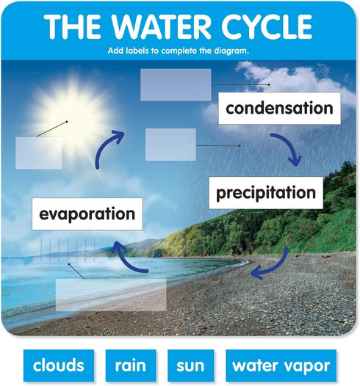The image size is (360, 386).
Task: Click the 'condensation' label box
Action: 279,109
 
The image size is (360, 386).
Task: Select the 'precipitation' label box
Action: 266,193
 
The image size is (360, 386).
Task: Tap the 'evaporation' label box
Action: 87,214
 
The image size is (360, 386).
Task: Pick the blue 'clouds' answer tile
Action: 59,365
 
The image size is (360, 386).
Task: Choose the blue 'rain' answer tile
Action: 131,365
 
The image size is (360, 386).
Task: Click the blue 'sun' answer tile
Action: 191,365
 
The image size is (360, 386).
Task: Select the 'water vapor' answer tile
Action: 281,365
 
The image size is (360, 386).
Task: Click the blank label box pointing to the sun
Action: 39,153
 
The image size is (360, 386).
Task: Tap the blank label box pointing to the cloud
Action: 176,84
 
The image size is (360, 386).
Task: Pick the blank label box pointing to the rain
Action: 170,145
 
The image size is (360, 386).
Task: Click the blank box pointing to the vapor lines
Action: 111,295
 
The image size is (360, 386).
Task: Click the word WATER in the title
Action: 161,26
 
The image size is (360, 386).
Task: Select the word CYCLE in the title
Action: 267,26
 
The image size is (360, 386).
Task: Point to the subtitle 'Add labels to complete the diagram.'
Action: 179,51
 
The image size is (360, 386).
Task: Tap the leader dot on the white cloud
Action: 269,84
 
